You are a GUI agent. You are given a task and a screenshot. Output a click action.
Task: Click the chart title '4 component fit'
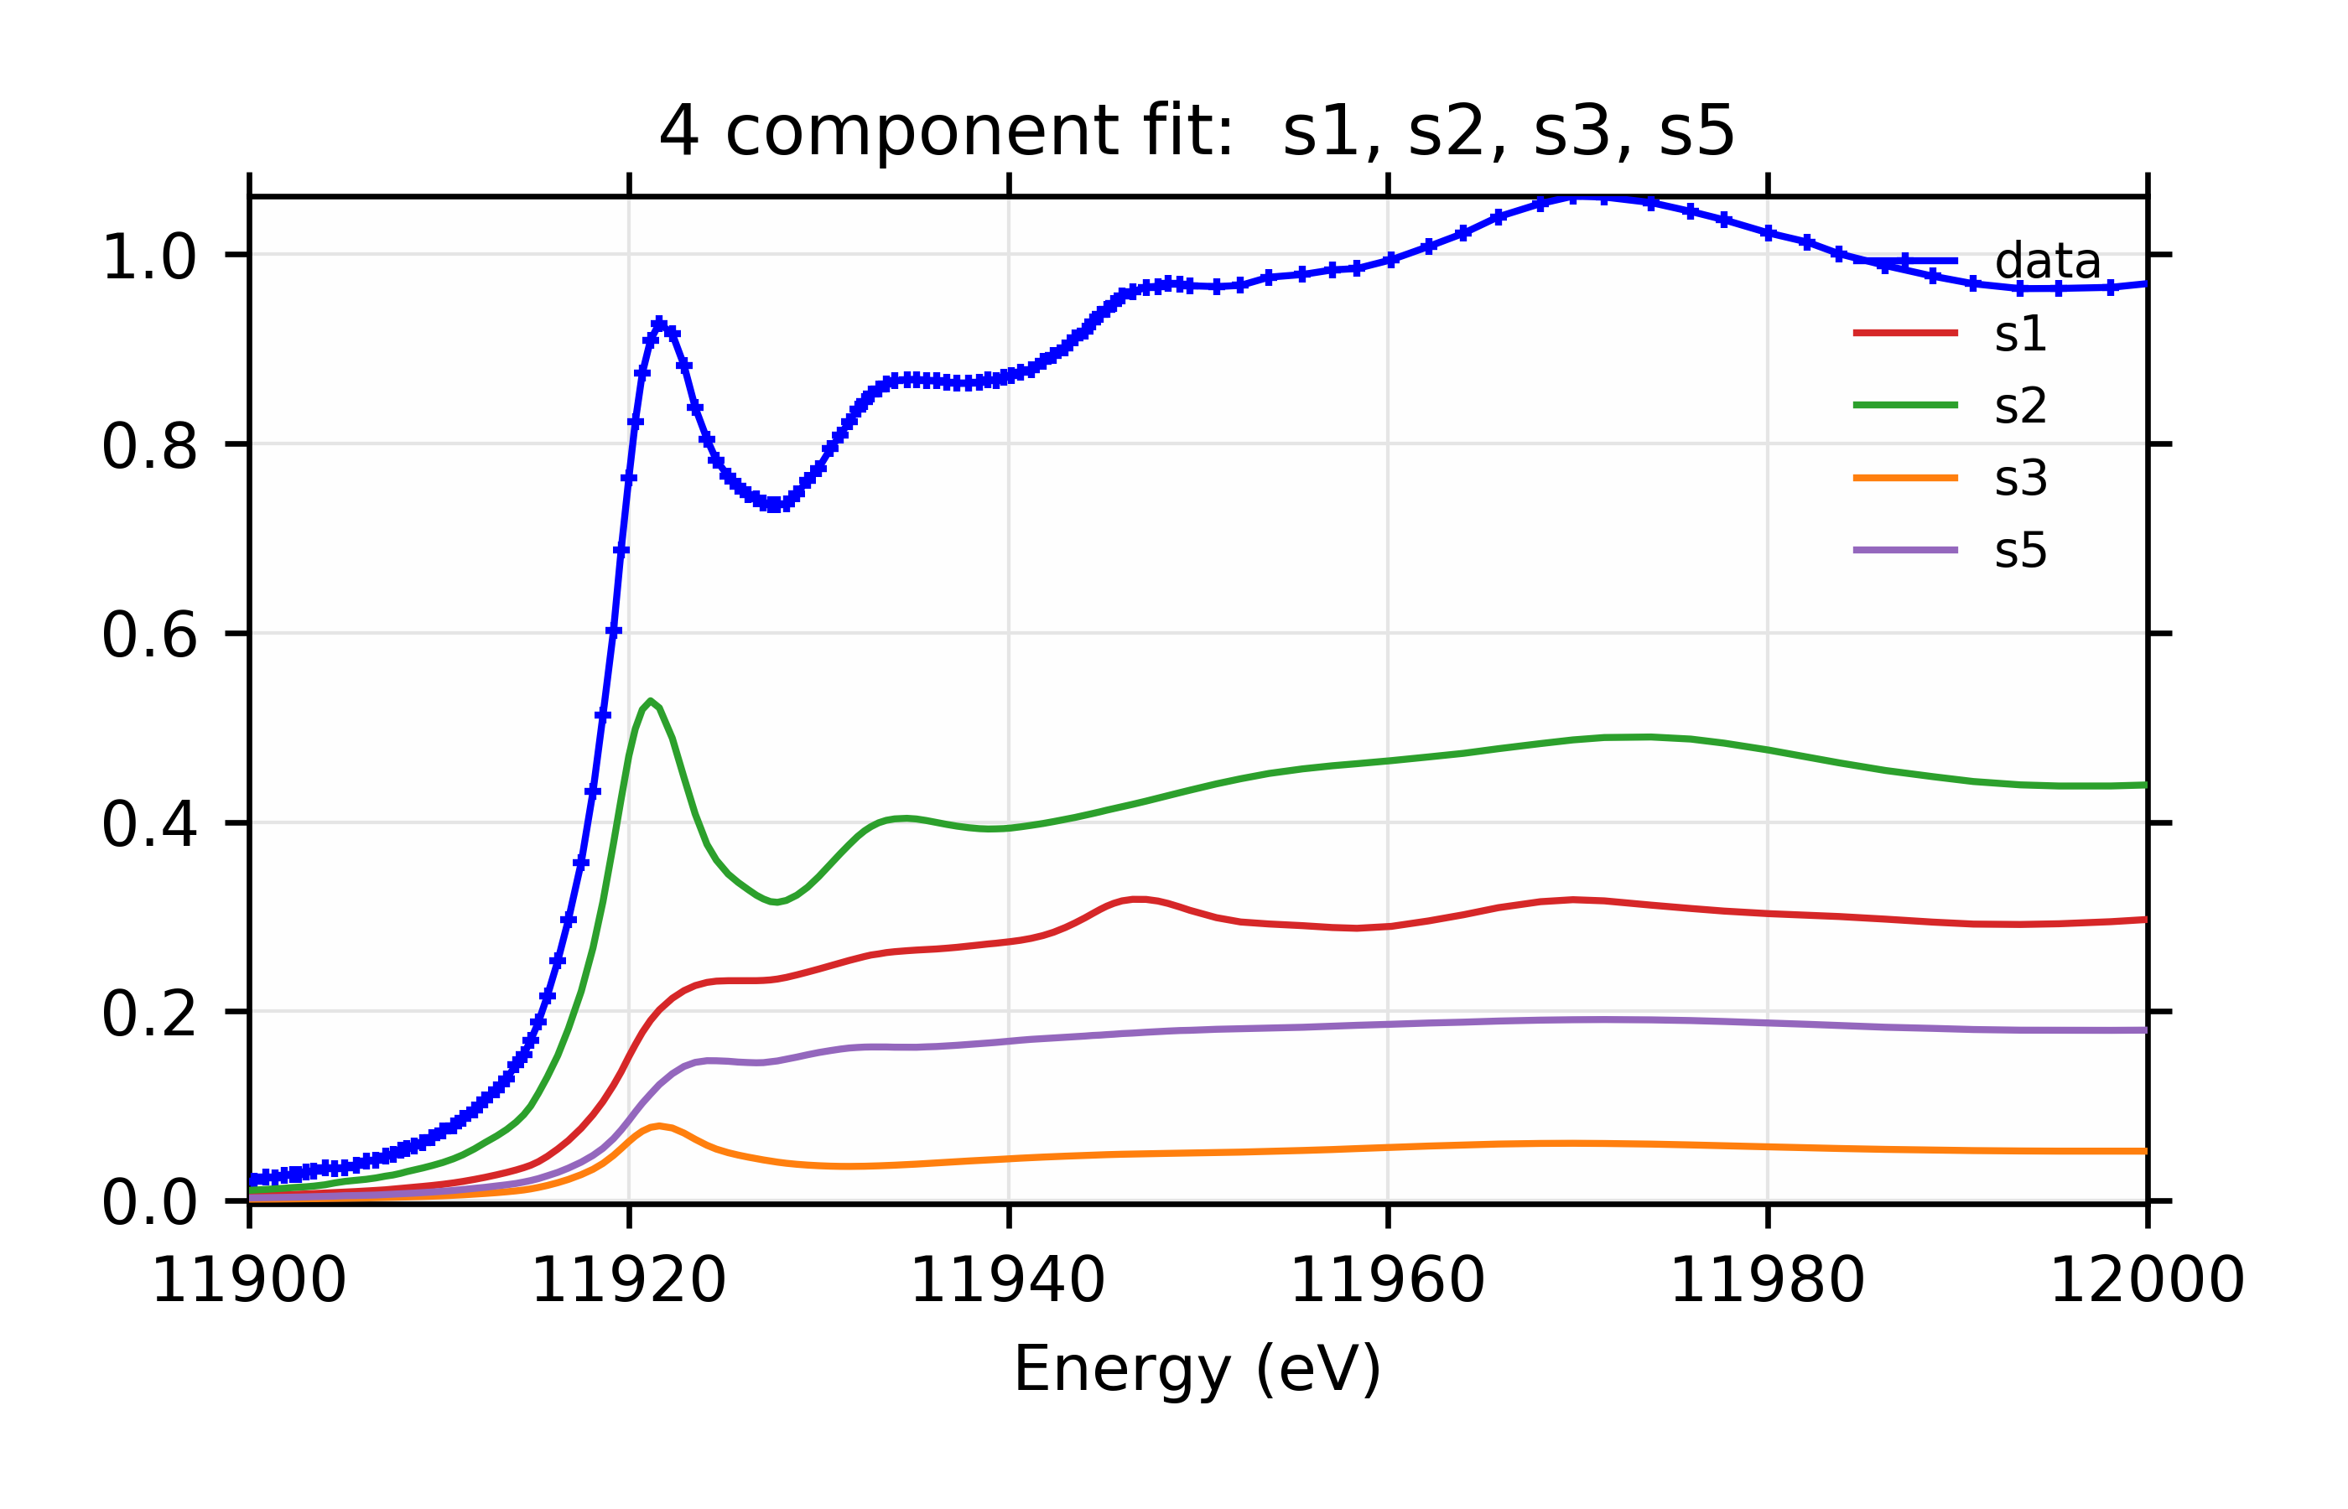(1196, 132)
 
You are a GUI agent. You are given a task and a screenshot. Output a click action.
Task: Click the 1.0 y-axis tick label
(149, 257)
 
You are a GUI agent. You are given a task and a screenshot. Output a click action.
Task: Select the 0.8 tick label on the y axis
(149, 447)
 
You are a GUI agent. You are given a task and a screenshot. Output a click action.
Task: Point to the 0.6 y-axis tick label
(149, 636)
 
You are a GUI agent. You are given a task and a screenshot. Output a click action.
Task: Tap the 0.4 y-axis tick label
(149, 825)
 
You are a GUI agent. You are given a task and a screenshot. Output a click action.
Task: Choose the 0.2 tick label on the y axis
(149, 1014)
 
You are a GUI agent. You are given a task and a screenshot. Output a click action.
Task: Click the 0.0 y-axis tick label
(149, 1203)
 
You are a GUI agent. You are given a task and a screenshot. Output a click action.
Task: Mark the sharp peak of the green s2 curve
(650, 702)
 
